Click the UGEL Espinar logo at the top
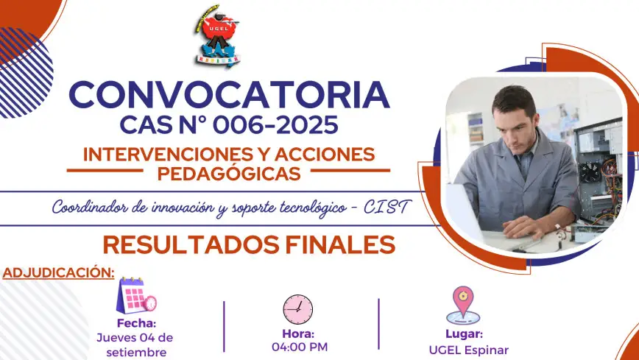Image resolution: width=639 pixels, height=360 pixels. coord(216,36)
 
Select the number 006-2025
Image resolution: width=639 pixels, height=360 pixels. coord(275,124)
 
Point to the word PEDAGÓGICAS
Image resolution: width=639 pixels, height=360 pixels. coord(229,174)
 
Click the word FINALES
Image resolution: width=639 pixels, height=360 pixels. coord(340,244)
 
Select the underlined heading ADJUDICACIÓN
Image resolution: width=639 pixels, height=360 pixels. coord(58,272)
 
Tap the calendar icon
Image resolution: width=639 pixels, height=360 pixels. coord(136,295)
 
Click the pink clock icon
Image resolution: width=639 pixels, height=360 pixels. coord(298,309)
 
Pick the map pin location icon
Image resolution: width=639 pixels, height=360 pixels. coord(463,305)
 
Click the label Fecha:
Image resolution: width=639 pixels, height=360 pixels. coord(136,323)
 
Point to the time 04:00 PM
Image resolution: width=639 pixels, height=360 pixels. coord(300,347)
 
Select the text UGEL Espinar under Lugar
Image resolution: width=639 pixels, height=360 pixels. coord(469,350)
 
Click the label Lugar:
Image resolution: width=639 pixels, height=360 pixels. coord(464,334)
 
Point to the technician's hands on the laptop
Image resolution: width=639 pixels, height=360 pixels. coord(526,227)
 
